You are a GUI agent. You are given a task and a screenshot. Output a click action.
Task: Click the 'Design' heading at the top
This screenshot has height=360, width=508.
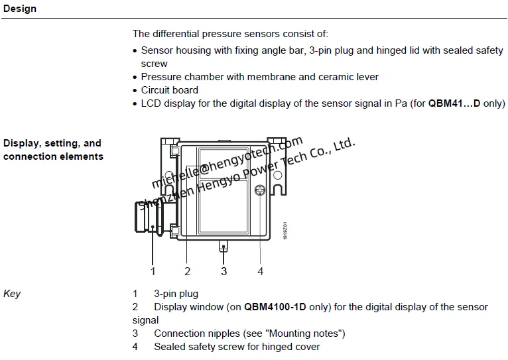click(20, 9)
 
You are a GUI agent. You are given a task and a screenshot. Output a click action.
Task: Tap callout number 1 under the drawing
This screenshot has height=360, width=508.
click(153, 270)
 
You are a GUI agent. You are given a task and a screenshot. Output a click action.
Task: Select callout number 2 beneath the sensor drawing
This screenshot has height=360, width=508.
click(188, 270)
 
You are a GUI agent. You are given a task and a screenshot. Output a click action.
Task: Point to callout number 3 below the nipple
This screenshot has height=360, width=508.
click(224, 270)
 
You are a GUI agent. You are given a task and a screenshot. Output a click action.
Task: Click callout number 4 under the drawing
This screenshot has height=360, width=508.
click(261, 270)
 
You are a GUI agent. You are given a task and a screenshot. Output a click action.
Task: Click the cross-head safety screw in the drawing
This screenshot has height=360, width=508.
click(261, 191)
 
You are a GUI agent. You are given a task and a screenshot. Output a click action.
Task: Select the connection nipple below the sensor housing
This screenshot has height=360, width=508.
click(224, 247)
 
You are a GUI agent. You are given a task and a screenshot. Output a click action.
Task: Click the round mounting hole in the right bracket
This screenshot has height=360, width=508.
click(279, 176)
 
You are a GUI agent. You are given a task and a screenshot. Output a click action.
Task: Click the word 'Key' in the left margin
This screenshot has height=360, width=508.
click(12, 294)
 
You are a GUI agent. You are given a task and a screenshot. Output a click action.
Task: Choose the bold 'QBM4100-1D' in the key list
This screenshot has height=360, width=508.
click(275, 307)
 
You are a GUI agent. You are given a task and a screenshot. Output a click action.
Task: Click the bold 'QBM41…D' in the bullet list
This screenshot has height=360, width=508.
click(454, 103)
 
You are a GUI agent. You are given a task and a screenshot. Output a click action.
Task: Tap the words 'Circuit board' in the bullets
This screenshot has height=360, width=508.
click(169, 90)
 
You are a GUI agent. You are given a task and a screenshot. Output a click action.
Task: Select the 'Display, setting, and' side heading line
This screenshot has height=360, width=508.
click(52, 143)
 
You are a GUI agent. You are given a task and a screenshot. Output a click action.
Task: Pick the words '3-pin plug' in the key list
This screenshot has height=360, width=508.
click(176, 294)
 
